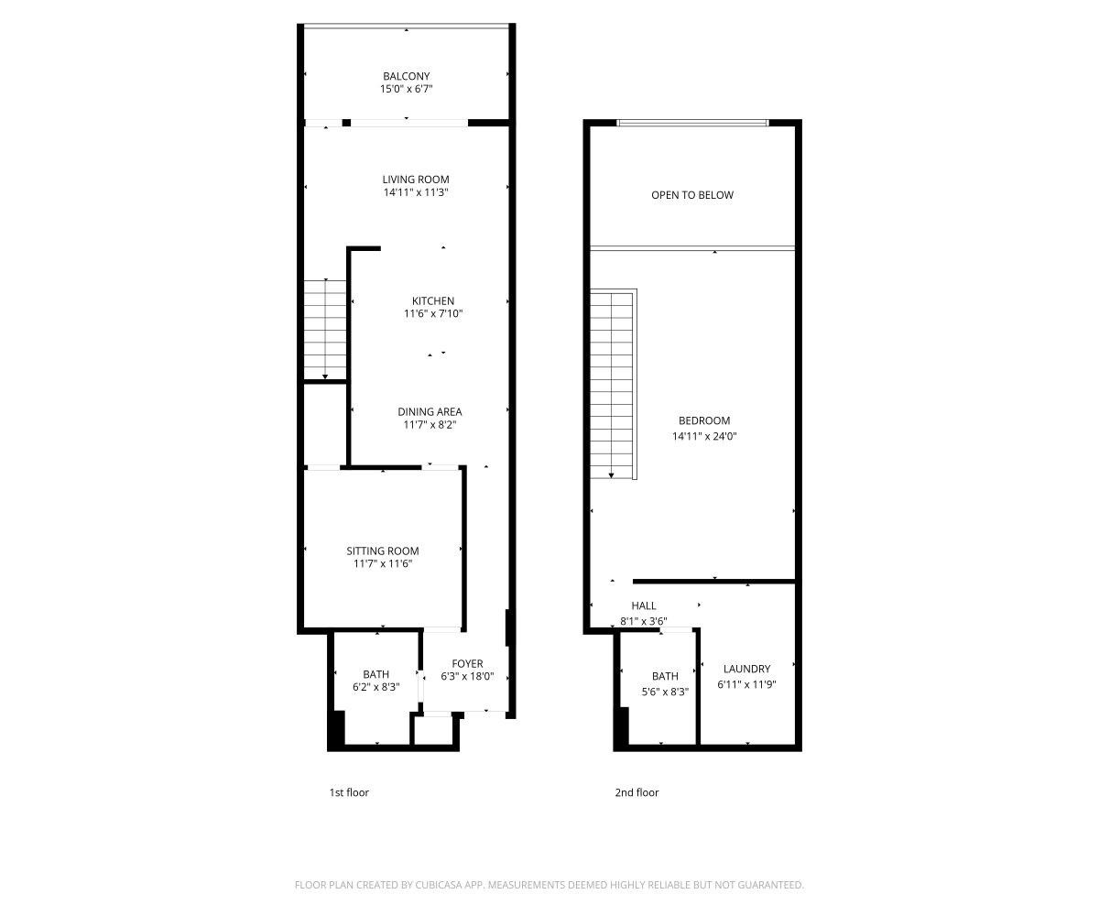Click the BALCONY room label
tap(406, 76)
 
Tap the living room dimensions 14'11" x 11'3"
tap(416, 192)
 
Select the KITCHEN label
tap(433, 301)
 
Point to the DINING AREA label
tap(430, 411)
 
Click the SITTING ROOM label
tap(383, 551)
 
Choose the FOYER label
tap(467, 664)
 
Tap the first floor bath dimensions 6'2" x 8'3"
tap(376, 687)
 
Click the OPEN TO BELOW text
tap(692, 195)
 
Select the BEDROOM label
tap(704, 420)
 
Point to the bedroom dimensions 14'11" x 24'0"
tap(704, 436)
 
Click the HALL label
tap(644, 605)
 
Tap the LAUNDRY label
tap(747, 669)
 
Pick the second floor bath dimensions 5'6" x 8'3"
tap(665, 692)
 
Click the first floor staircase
tap(325, 330)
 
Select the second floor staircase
tap(612, 386)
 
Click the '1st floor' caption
tap(349, 792)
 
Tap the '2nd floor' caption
tap(637, 792)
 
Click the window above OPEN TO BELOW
tap(692, 123)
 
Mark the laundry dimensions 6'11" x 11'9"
tap(747, 684)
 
